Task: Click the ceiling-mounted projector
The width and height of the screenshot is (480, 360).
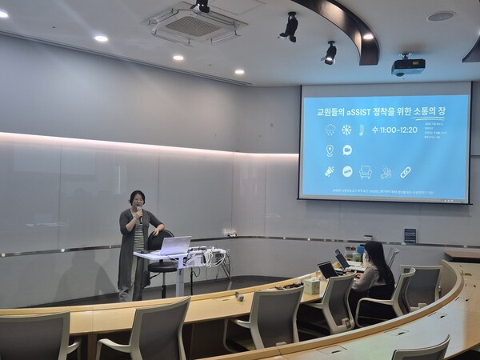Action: point(408,66)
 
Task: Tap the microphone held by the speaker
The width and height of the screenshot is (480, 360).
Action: point(140,213)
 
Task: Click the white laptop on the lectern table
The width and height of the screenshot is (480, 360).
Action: point(174,246)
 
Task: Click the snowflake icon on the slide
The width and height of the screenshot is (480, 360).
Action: point(346,130)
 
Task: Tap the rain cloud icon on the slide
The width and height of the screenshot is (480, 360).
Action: point(330,130)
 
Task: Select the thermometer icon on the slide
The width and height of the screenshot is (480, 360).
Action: point(362,130)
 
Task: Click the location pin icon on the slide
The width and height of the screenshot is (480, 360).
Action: point(330,150)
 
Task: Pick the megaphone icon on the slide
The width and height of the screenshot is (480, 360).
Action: point(330,171)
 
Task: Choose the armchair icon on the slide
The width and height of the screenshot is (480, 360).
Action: point(366,171)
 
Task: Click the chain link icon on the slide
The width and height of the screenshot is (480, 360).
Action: point(406,172)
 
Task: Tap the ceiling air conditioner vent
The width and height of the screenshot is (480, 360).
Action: point(192,25)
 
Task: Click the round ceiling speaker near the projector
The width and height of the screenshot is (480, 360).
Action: point(441,16)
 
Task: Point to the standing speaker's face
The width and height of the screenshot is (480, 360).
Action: point(137,200)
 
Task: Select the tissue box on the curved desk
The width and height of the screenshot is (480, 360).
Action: point(311,286)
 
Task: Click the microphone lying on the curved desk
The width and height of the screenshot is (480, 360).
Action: point(239,296)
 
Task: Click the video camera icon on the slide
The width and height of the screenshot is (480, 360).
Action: point(347,150)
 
